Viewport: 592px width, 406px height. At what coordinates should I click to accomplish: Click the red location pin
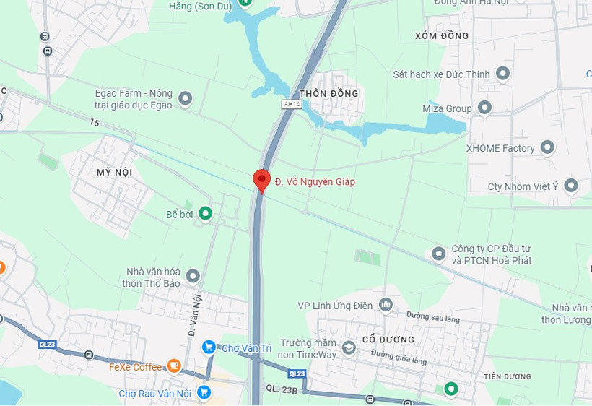tap(261, 180)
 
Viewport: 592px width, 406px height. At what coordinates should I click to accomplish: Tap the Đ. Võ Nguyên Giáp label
tap(314, 182)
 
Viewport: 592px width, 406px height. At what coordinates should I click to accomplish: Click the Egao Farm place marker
tap(186, 98)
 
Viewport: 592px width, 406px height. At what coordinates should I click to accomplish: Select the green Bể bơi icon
tap(206, 214)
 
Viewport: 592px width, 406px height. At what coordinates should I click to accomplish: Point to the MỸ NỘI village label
tap(114, 172)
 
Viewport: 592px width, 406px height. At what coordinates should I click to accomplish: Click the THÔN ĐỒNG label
tap(328, 94)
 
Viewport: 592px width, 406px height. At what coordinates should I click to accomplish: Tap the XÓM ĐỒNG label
tap(443, 35)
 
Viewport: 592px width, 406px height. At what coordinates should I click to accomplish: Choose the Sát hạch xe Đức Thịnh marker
tap(503, 74)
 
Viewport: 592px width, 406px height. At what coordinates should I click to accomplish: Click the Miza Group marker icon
tap(485, 108)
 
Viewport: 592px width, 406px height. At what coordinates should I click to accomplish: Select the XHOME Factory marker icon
tap(548, 148)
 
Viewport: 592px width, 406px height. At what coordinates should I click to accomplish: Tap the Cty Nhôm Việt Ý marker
tap(572, 186)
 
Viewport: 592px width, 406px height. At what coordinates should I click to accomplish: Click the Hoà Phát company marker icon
tap(438, 254)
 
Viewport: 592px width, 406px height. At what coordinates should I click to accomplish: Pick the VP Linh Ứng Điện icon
tap(386, 306)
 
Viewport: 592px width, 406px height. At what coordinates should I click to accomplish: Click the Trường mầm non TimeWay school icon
tap(349, 349)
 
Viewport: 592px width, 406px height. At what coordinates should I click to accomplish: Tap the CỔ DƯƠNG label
tap(388, 340)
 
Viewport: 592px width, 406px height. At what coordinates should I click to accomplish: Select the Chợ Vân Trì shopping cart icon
tap(209, 348)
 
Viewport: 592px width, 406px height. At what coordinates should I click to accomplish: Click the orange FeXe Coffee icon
tap(174, 366)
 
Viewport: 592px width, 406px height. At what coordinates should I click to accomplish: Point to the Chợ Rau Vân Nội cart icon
tap(204, 393)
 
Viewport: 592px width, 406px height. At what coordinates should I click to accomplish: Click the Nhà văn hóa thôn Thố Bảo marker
tap(193, 276)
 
